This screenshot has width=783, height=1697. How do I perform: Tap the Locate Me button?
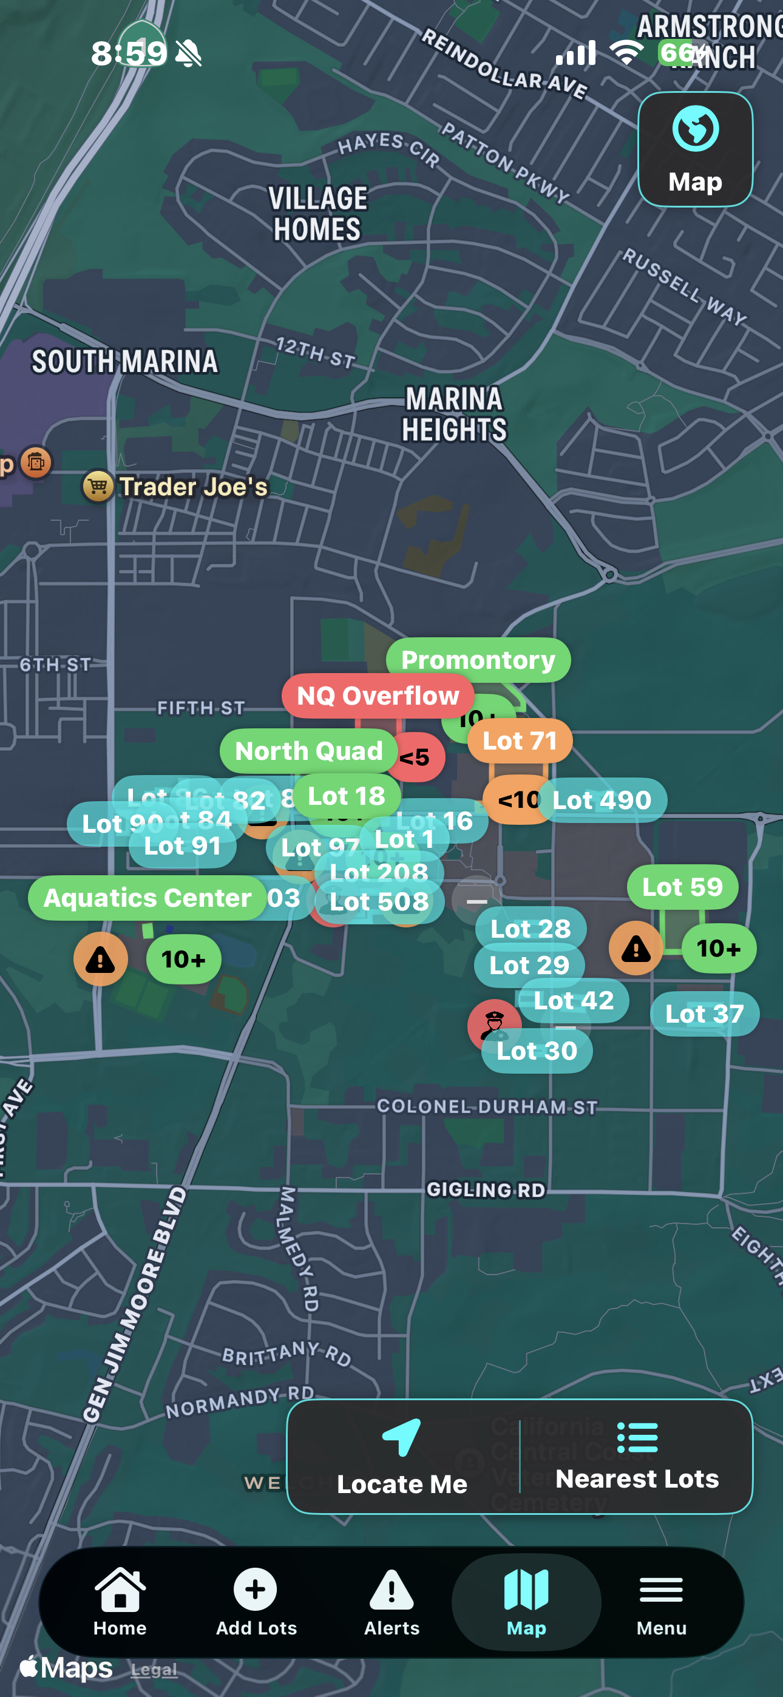pyautogui.click(x=402, y=1457)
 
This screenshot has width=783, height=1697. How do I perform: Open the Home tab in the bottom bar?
pyautogui.click(x=120, y=1602)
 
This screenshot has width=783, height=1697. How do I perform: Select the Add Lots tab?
pyautogui.click(x=256, y=1602)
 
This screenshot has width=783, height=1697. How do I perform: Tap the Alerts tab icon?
pyautogui.click(x=391, y=1602)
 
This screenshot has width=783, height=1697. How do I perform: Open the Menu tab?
pyautogui.click(x=661, y=1602)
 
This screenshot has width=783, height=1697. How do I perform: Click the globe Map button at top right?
pyautogui.click(x=696, y=149)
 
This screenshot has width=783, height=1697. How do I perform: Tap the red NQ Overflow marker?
pyautogui.click(x=378, y=696)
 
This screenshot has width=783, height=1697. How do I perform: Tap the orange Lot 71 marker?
pyautogui.click(x=520, y=740)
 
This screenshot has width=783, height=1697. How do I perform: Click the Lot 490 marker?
pyautogui.click(x=601, y=800)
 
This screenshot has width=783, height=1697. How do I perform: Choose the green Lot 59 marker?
pyautogui.click(x=682, y=887)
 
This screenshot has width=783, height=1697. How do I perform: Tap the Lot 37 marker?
pyautogui.click(x=704, y=1013)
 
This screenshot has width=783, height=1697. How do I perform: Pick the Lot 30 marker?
pyautogui.click(x=537, y=1051)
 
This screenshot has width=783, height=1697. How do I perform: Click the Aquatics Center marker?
pyautogui.click(x=147, y=897)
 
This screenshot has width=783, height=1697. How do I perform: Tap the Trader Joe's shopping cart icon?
pyautogui.click(x=98, y=487)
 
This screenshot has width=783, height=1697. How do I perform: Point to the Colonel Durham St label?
pyautogui.click(x=486, y=1106)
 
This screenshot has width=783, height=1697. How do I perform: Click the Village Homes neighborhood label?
pyautogui.click(x=317, y=214)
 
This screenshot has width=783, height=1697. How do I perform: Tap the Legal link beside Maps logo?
pyautogui.click(x=154, y=1669)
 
